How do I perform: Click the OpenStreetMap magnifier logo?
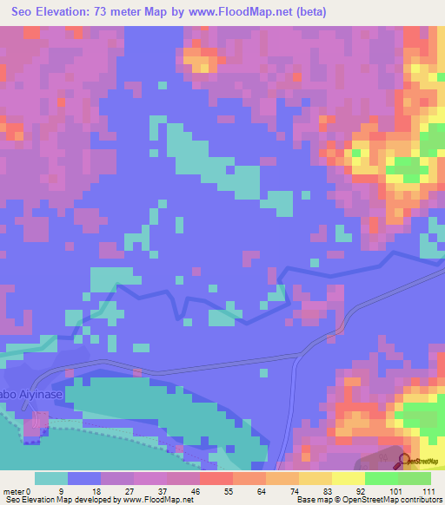(405, 461)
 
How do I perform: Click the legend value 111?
(428, 490)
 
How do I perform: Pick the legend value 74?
(281, 490)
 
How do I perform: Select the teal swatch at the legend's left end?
(51, 478)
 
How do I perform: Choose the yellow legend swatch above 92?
(348, 478)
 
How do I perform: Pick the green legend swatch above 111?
(415, 478)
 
